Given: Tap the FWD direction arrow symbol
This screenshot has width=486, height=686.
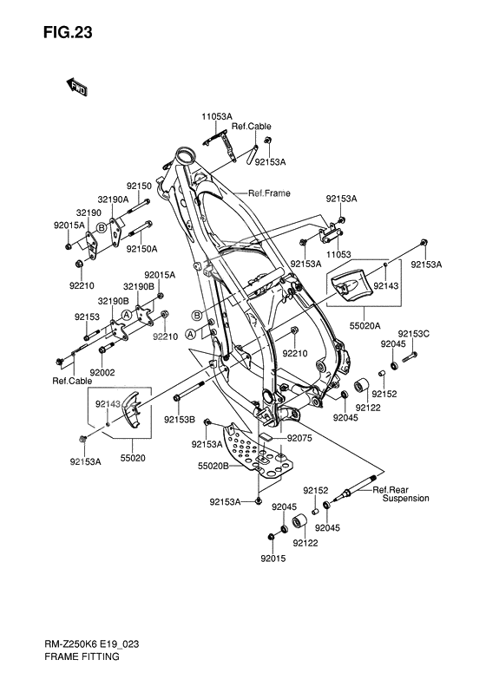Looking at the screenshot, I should pos(76,86).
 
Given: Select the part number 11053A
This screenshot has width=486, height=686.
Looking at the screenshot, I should pos(217,116).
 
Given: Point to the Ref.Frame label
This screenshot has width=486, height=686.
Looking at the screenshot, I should pos(269,193).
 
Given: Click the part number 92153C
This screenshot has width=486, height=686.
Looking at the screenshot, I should pos(414,334).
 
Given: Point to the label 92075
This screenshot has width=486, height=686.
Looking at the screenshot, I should pos(301,439).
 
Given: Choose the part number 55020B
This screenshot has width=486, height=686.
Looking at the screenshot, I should pos(213,466).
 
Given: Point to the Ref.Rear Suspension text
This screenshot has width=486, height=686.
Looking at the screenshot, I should pos(400,493).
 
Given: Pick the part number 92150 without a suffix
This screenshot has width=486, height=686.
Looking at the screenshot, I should pos(139,186).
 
